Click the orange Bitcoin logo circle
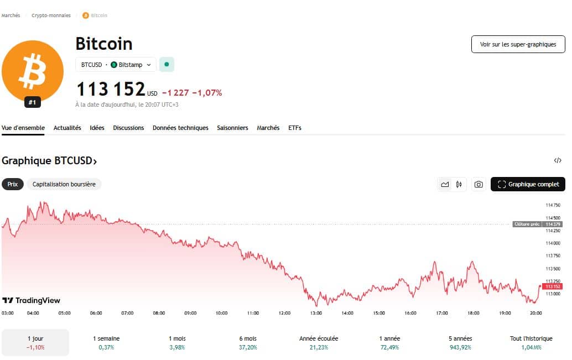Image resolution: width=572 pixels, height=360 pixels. pyautogui.click(x=32, y=71)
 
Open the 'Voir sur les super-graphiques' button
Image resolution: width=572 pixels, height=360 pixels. pyautogui.click(x=518, y=44)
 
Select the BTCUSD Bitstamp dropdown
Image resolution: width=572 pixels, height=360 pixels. pyautogui.click(x=116, y=65)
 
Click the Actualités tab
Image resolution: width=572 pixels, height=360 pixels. pyautogui.click(x=67, y=128)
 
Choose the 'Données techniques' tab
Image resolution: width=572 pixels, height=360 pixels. pyautogui.click(x=180, y=128)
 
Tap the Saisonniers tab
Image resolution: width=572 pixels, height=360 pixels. pyautogui.click(x=232, y=128)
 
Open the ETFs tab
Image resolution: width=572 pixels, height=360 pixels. pyautogui.click(x=294, y=128)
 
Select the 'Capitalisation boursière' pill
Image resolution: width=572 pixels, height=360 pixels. pyautogui.click(x=64, y=184)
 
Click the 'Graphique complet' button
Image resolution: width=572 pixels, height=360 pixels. pyautogui.click(x=528, y=184)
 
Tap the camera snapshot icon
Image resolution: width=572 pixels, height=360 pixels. pyautogui.click(x=479, y=185)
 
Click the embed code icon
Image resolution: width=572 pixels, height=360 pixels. pyautogui.click(x=558, y=160)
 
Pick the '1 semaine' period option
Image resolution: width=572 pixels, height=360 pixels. pyautogui.click(x=106, y=343)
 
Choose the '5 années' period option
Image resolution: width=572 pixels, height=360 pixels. pyautogui.click(x=460, y=343)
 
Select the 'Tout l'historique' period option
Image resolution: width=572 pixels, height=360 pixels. pyautogui.click(x=531, y=343)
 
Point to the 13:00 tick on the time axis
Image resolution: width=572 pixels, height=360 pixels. pyautogui.click(x=316, y=313)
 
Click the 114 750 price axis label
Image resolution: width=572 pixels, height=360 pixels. pyautogui.click(x=553, y=205)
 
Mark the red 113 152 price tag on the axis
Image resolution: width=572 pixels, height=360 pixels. pyautogui.click(x=553, y=286)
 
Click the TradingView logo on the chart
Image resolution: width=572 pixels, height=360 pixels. pyautogui.click(x=32, y=300)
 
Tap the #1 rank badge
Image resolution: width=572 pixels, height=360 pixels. pyautogui.click(x=32, y=102)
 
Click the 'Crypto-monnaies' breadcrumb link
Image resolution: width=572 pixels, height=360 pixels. pyautogui.click(x=55, y=15)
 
